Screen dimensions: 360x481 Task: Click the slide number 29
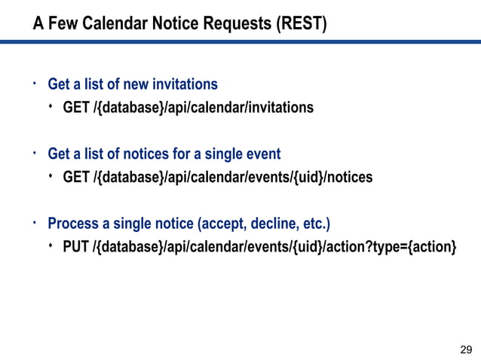[x=466, y=349]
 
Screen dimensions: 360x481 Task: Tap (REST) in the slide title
[x=302, y=25]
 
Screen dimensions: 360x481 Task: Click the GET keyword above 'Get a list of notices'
[x=76, y=108]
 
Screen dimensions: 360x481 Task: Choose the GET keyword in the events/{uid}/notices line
[x=76, y=178]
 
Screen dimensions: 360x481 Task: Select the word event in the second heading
[x=263, y=154]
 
